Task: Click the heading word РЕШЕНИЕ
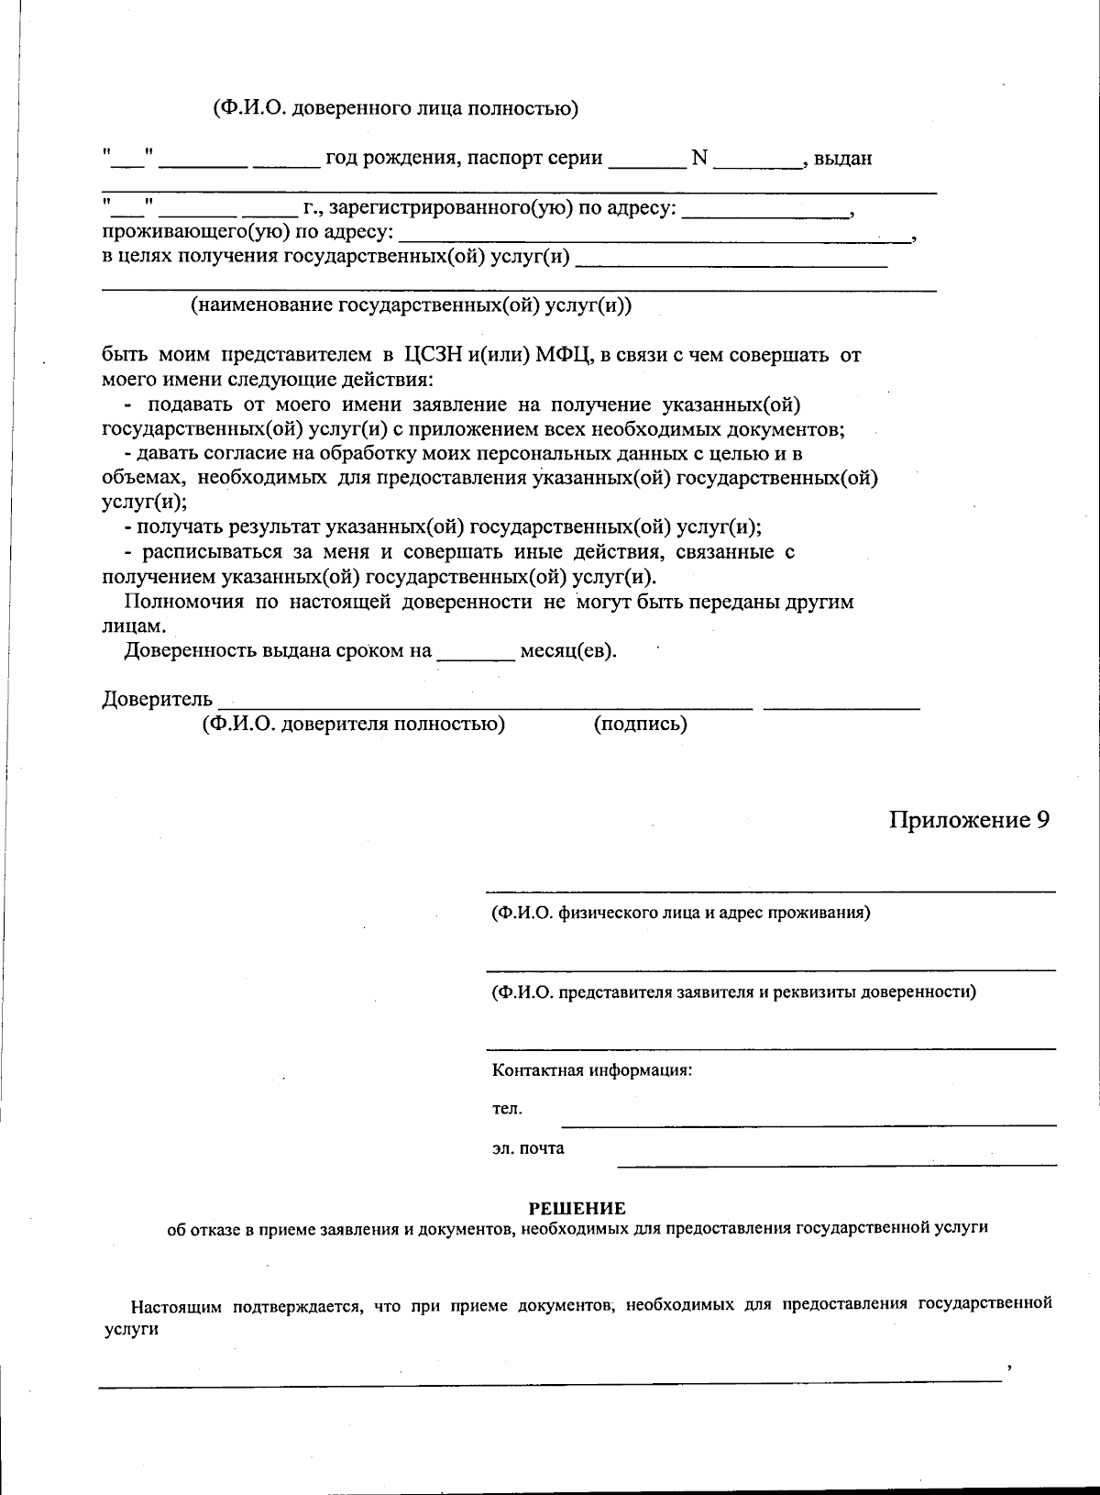click(577, 1209)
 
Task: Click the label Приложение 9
click(969, 819)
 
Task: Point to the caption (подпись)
click(640, 725)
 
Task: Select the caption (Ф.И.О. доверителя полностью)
click(354, 725)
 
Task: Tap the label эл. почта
click(528, 1148)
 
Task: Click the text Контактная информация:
click(591, 1070)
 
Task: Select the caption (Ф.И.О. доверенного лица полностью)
click(396, 109)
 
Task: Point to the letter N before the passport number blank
click(699, 158)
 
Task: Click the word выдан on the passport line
click(842, 159)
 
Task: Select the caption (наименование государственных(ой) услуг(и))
click(411, 305)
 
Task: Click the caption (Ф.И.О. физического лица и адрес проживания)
click(680, 913)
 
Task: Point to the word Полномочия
click(183, 603)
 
